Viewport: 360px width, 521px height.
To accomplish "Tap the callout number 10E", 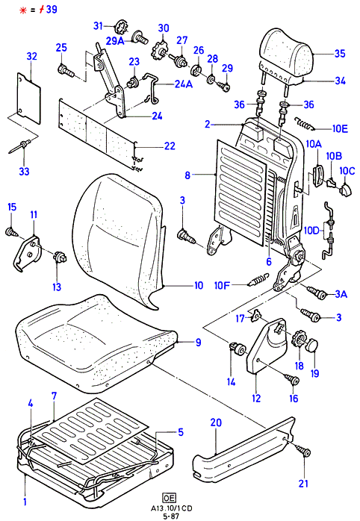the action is [340, 128].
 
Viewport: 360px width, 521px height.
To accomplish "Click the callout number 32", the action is [31, 56].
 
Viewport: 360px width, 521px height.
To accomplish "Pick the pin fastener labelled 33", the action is [20, 147].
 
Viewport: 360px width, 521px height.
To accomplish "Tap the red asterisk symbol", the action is [23, 10].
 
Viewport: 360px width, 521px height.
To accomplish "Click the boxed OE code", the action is [170, 497].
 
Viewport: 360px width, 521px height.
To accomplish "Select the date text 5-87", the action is [172, 517].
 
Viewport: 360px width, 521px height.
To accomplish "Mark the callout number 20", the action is [216, 422].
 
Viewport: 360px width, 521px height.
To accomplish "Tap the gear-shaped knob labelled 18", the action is [299, 342].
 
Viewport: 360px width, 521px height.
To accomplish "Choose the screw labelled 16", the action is [293, 378].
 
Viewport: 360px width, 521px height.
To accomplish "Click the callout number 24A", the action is [184, 84].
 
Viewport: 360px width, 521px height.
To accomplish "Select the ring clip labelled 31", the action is [121, 27].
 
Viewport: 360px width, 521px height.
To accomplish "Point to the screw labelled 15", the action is [12, 231].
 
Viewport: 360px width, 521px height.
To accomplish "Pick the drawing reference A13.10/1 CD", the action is [171, 508].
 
